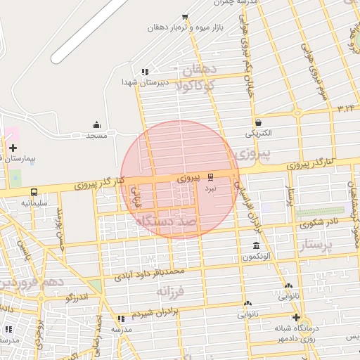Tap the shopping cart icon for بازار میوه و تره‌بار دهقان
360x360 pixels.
coord(185,17)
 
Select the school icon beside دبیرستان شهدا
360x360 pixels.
coord(144,72)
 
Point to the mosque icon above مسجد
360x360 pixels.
coord(96,124)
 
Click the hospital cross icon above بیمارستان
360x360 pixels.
coord(13,148)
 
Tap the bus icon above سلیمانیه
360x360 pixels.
coord(34,192)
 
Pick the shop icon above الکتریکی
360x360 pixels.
coord(259,122)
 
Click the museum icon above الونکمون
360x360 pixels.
coord(255,246)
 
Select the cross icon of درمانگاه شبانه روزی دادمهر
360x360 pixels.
coord(296,318)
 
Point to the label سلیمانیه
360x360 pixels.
coord(34,202)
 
